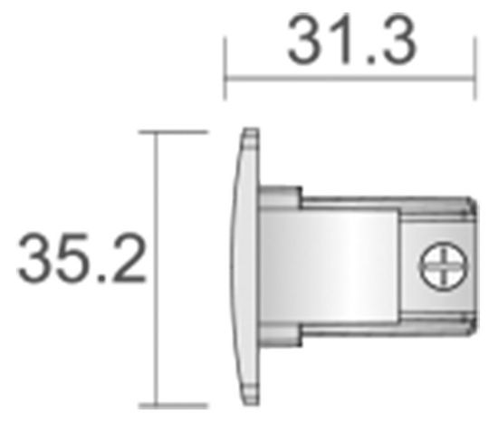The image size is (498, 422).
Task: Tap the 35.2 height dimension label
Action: [81, 260]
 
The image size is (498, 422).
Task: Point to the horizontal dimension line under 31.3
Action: [351, 78]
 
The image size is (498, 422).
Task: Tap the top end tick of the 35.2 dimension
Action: [172, 131]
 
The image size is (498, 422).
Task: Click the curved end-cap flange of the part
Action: [239, 268]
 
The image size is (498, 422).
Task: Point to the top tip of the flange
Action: [247, 133]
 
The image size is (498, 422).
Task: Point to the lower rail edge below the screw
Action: [435, 327]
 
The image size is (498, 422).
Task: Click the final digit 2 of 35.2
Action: [128, 260]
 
